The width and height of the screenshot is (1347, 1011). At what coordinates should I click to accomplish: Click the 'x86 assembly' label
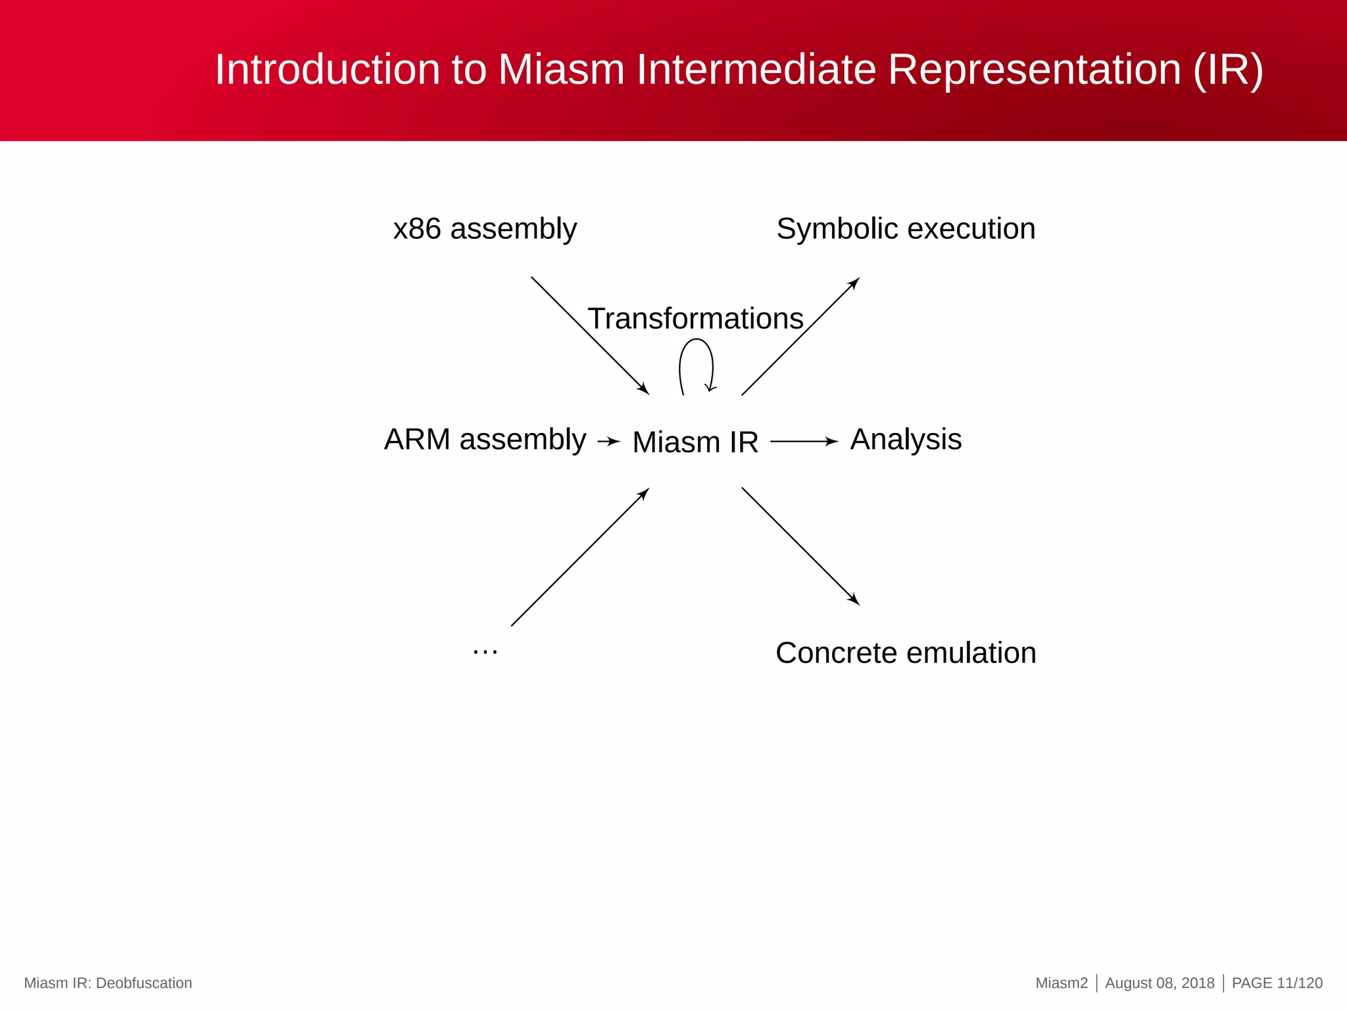(485, 229)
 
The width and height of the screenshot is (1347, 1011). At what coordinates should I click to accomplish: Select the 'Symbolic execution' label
(906, 229)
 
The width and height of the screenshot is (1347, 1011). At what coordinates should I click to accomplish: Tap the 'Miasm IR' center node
(695, 442)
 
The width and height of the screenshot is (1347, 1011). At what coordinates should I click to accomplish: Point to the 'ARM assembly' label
(485, 439)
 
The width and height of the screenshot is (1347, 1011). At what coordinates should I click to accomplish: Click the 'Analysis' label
(906, 439)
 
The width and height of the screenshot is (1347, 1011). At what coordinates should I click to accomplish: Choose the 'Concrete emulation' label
(906, 653)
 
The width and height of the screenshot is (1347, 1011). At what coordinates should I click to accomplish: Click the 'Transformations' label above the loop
(695, 319)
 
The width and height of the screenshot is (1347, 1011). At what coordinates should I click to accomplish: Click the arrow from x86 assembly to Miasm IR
(590, 336)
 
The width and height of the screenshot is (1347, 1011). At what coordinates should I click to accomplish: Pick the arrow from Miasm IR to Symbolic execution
(800, 336)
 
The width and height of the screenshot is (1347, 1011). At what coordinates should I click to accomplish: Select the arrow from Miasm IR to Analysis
(804, 442)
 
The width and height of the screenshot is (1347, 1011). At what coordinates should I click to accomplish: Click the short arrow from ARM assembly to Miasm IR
(608, 442)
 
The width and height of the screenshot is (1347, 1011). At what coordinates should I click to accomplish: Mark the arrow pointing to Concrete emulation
(800, 546)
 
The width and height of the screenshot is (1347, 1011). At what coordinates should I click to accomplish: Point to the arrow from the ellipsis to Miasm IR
(580, 557)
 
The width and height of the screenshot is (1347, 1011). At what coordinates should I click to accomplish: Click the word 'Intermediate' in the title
(756, 69)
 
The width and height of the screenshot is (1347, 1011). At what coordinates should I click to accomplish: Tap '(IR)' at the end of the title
(1228, 69)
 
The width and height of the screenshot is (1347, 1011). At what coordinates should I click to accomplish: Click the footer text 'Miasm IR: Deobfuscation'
(108, 983)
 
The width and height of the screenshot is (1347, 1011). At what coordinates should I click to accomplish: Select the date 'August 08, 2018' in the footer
(1160, 983)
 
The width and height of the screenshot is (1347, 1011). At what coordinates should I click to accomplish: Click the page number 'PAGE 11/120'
(1277, 983)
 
